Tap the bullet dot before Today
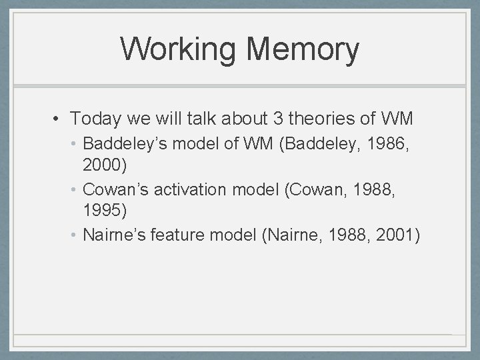59,120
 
